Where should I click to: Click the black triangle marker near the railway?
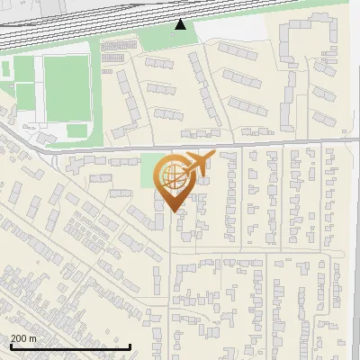(x=181, y=24)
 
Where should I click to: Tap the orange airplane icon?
(x=197, y=164)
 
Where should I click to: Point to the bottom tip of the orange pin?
(x=171, y=211)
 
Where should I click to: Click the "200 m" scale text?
(x=23, y=338)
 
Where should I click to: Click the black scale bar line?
(x=70, y=346)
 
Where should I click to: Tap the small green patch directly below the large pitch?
(x=76, y=130)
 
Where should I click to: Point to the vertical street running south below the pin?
(x=170, y=270)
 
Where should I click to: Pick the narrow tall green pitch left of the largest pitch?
(x=25, y=90)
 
